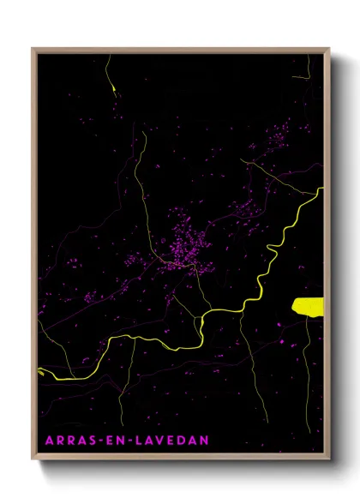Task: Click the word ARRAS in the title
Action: click(67, 440)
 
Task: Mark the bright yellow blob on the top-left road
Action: click(112, 87)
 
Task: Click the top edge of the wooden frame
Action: click(180, 49)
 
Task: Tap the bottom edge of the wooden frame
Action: click(180, 455)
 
